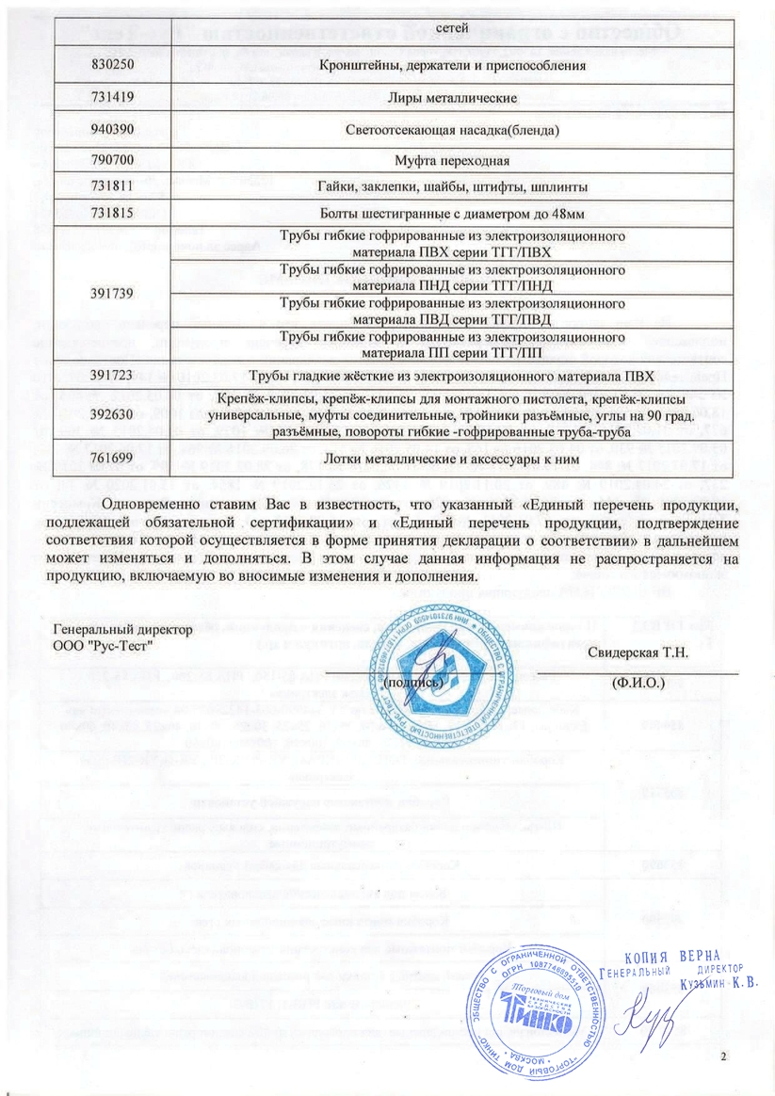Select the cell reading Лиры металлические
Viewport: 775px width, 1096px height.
click(x=452, y=97)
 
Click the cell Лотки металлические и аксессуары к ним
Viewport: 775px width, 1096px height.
click(x=452, y=459)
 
